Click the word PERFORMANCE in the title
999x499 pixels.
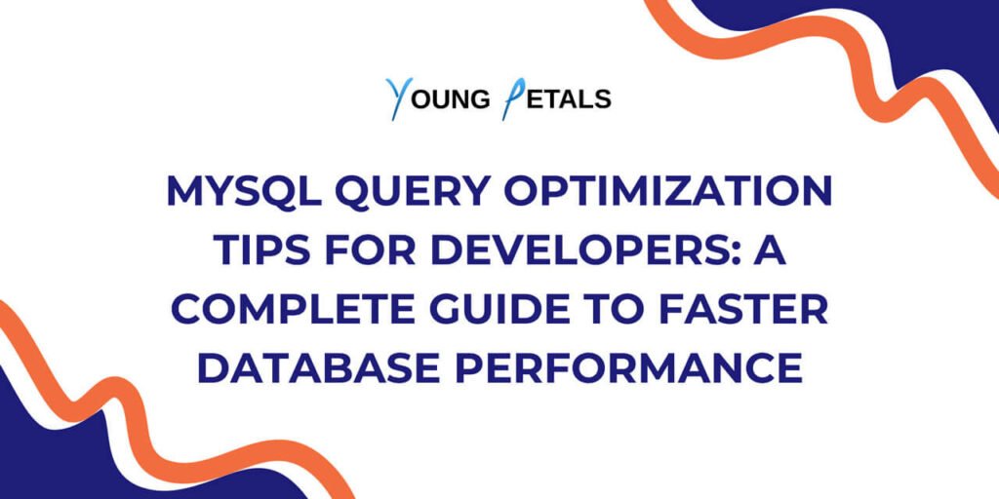click(x=628, y=367)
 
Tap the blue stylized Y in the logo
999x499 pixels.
click(x=399, y=98)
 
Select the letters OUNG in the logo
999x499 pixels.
click(x=451, y=99)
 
